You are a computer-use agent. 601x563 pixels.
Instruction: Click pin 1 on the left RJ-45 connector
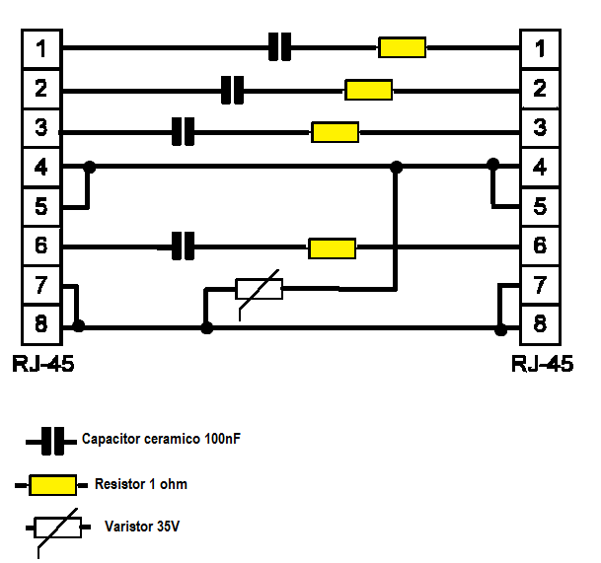(40, 47)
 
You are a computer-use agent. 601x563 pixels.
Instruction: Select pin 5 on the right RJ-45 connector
(540, 207)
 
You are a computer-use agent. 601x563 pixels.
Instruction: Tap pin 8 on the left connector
(40, 323)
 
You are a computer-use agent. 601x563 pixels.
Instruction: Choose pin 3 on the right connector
(540, 127)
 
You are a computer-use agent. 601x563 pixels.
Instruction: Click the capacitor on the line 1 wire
(280, 47)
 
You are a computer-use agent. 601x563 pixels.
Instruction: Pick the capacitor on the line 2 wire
(232, 90)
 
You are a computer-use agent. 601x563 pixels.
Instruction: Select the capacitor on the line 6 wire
(183, 246)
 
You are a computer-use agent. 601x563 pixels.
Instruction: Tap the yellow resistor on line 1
(402, 47)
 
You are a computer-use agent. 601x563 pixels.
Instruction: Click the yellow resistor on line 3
(335, 131)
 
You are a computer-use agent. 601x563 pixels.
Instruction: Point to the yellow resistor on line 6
(332, 247)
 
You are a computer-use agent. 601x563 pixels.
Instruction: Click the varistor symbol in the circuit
(259, 289)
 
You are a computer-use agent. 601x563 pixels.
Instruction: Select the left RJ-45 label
(43, 364)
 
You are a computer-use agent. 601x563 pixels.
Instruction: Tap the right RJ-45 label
(543, 364)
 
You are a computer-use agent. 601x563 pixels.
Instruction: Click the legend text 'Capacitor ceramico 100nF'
(161, 440)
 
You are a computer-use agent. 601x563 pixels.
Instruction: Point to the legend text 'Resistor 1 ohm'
(141, 484)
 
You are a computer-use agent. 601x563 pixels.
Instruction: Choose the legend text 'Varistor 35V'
(142, 527)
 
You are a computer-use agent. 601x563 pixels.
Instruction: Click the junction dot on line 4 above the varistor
(396, 168)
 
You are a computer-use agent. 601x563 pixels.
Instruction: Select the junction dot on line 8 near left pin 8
(79, 324)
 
